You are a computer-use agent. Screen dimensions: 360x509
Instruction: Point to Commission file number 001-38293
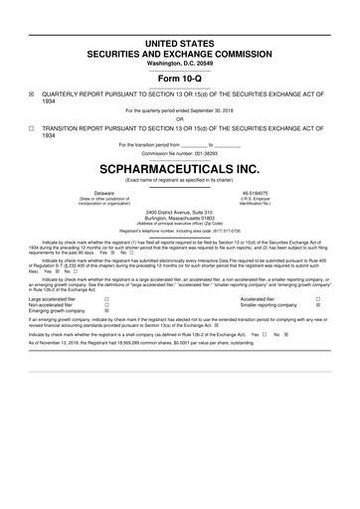pos(180,153)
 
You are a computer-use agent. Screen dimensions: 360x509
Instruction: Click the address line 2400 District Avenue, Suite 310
pos(180,212)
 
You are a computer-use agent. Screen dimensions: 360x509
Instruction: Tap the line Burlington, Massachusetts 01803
pos(180,218)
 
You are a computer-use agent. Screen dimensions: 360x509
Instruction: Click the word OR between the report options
pos(180,119)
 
